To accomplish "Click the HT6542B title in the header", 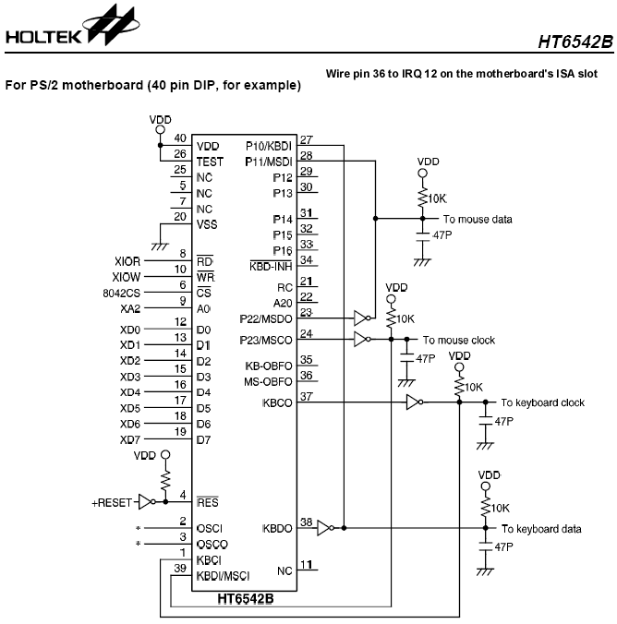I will click(x=575, y=42).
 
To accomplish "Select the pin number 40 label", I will click(x=181, y=138).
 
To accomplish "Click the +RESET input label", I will click(x=111, y=502).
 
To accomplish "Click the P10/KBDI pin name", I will click(x=270, y=146).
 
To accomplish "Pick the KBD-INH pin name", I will click(x=272, y=267).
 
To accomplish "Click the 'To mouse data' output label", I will click(x=478, y=220).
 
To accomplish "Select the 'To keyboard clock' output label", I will click(x=542, y=402).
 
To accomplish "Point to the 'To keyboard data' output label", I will click(x=541, y=529).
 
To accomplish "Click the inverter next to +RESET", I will click(x=145, y=502).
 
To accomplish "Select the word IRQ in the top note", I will click(x=445, y=73).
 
